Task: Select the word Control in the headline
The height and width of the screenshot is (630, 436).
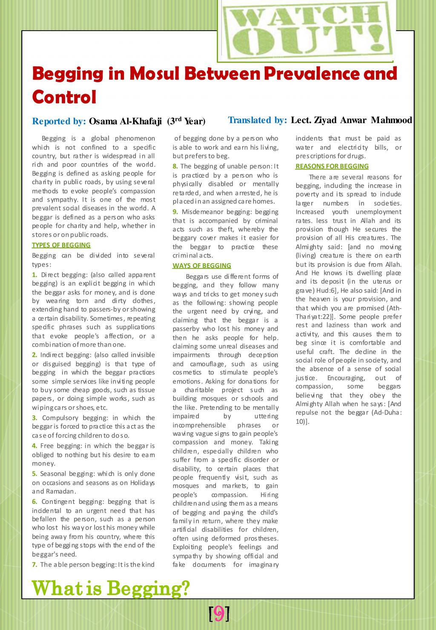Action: pos(64,97)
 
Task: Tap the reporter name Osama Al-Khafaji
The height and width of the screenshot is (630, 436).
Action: pos(125,121)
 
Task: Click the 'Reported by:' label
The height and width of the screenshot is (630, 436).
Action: pos(59,121)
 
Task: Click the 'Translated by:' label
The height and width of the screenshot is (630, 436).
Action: pos(257,120)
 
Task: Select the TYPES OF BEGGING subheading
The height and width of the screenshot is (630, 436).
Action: pos(61,245)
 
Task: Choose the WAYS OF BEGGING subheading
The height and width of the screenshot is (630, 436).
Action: pos(202,266)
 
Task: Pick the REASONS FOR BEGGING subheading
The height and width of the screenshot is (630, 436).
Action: pos(332,166)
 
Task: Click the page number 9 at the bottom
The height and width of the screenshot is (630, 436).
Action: pos(219,613)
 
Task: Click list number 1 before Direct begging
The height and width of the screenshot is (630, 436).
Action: pos(34,275)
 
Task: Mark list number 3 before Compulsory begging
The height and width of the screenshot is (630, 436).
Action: pos(34,418)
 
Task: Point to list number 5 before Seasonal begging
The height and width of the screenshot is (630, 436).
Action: pos(34,474)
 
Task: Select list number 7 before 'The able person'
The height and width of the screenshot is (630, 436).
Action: pos(34,565)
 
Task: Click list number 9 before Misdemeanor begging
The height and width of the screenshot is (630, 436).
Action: pos(175,212)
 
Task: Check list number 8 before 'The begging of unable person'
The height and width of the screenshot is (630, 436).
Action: pos(175,166)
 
